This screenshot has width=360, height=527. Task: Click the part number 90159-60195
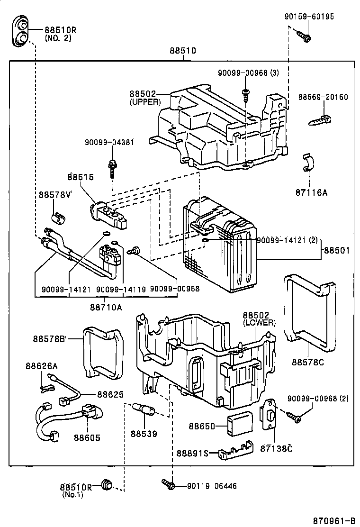pos(309,17)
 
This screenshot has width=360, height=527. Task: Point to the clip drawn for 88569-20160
pos(320,118)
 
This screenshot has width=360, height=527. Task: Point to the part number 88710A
pos(106,307)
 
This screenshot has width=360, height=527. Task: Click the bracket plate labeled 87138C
pos(270,415)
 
